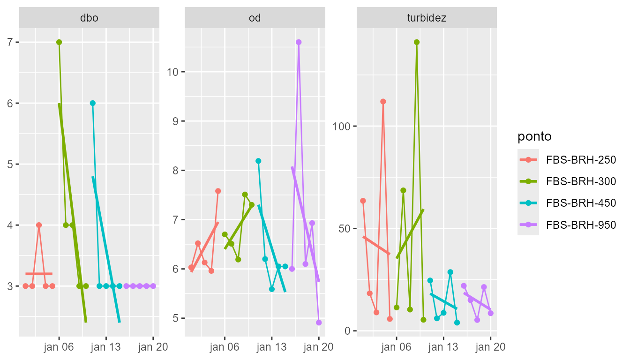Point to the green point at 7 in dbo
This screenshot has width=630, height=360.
[59, 42]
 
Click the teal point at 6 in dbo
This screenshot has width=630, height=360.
[93, 103]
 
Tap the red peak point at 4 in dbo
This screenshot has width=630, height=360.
[39, 225]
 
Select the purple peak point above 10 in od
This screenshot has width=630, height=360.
[299, 42]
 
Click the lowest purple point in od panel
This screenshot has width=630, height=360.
[319, 322]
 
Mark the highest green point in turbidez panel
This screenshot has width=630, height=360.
[417, 42]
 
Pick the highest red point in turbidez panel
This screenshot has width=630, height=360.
[383, 101]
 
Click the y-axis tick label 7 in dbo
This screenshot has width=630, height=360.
[10, 42]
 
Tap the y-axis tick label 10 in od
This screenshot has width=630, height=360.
[173, 72]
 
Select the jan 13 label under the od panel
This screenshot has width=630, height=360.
[271, 347]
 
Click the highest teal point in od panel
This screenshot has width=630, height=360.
[258, 161]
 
